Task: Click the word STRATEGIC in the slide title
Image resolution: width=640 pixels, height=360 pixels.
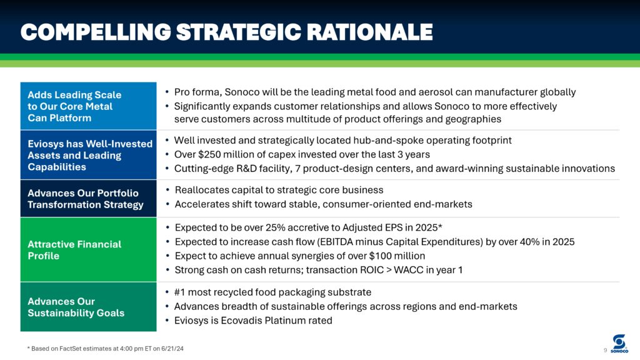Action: (x=238, y=32)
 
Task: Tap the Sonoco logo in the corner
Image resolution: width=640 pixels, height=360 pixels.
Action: (x=619, y=344)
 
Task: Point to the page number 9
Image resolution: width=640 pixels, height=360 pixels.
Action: (x=605, y=350)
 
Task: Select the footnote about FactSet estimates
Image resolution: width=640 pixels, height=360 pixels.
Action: (x=105, y=349)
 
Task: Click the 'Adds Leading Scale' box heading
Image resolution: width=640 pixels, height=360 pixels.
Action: (x=75, y=106)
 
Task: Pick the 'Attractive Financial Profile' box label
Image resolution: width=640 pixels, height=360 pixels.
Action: (x=75, y=250)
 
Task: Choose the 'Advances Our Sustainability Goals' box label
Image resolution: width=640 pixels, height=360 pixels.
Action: (x=76, y=307)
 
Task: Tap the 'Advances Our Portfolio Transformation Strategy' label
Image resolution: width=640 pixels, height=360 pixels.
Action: (x=85, y=199)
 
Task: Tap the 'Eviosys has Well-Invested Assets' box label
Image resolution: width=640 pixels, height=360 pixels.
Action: (x=90, y=155)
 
